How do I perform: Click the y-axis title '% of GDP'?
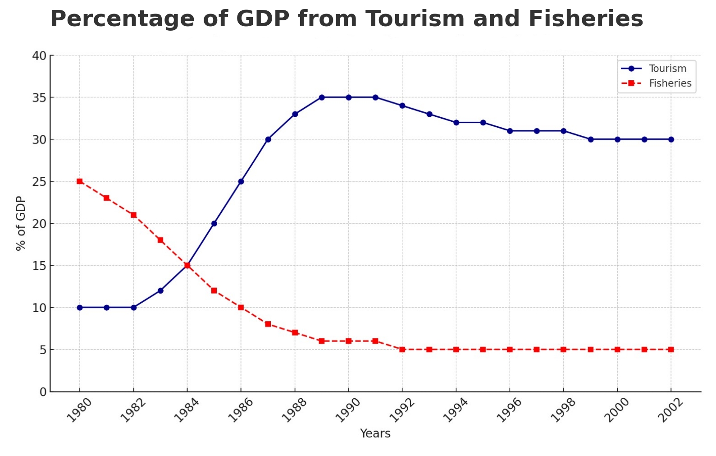21,223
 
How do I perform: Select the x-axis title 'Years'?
375,433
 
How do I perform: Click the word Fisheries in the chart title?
586,19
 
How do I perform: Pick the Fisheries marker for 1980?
80,181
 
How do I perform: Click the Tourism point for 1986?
241,181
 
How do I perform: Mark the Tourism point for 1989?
322,97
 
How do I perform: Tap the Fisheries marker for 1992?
402,350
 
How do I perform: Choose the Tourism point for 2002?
671,139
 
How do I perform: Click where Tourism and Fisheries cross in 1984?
187,265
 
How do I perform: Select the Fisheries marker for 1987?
268,324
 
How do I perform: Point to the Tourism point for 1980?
80,308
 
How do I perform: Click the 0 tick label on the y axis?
43,392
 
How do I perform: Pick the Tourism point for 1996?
510,131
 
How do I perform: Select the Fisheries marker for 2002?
671,350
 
